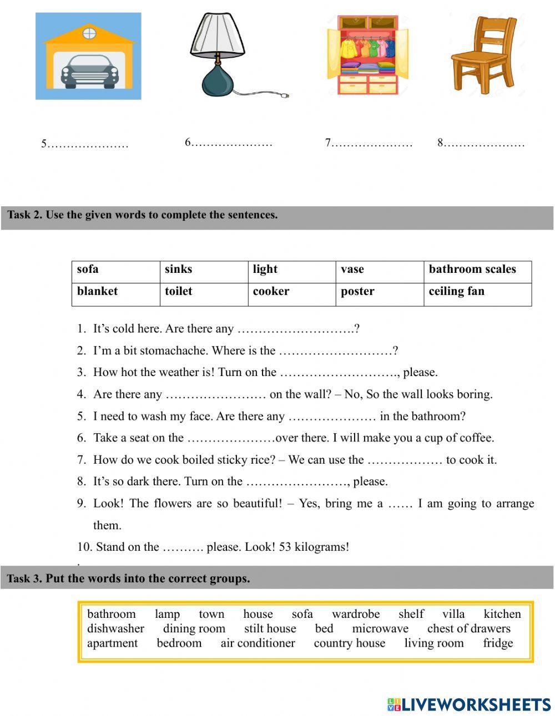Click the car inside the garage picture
pyautogui.click(x=88, y=72)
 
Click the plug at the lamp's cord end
pyautogui.click(x=286, y=96)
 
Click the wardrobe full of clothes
pyautogui.click(x=367, y=55)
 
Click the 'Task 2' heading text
pyautogui.click(x=142, y=215)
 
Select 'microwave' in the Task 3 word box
pyautogui.click(x=380, y=628)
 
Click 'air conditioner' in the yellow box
pyautogui.click(x=258, y=643)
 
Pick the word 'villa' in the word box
pyautogui.click(x=453, y=614)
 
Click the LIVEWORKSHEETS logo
pyautogui.click(x=469, y=704)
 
